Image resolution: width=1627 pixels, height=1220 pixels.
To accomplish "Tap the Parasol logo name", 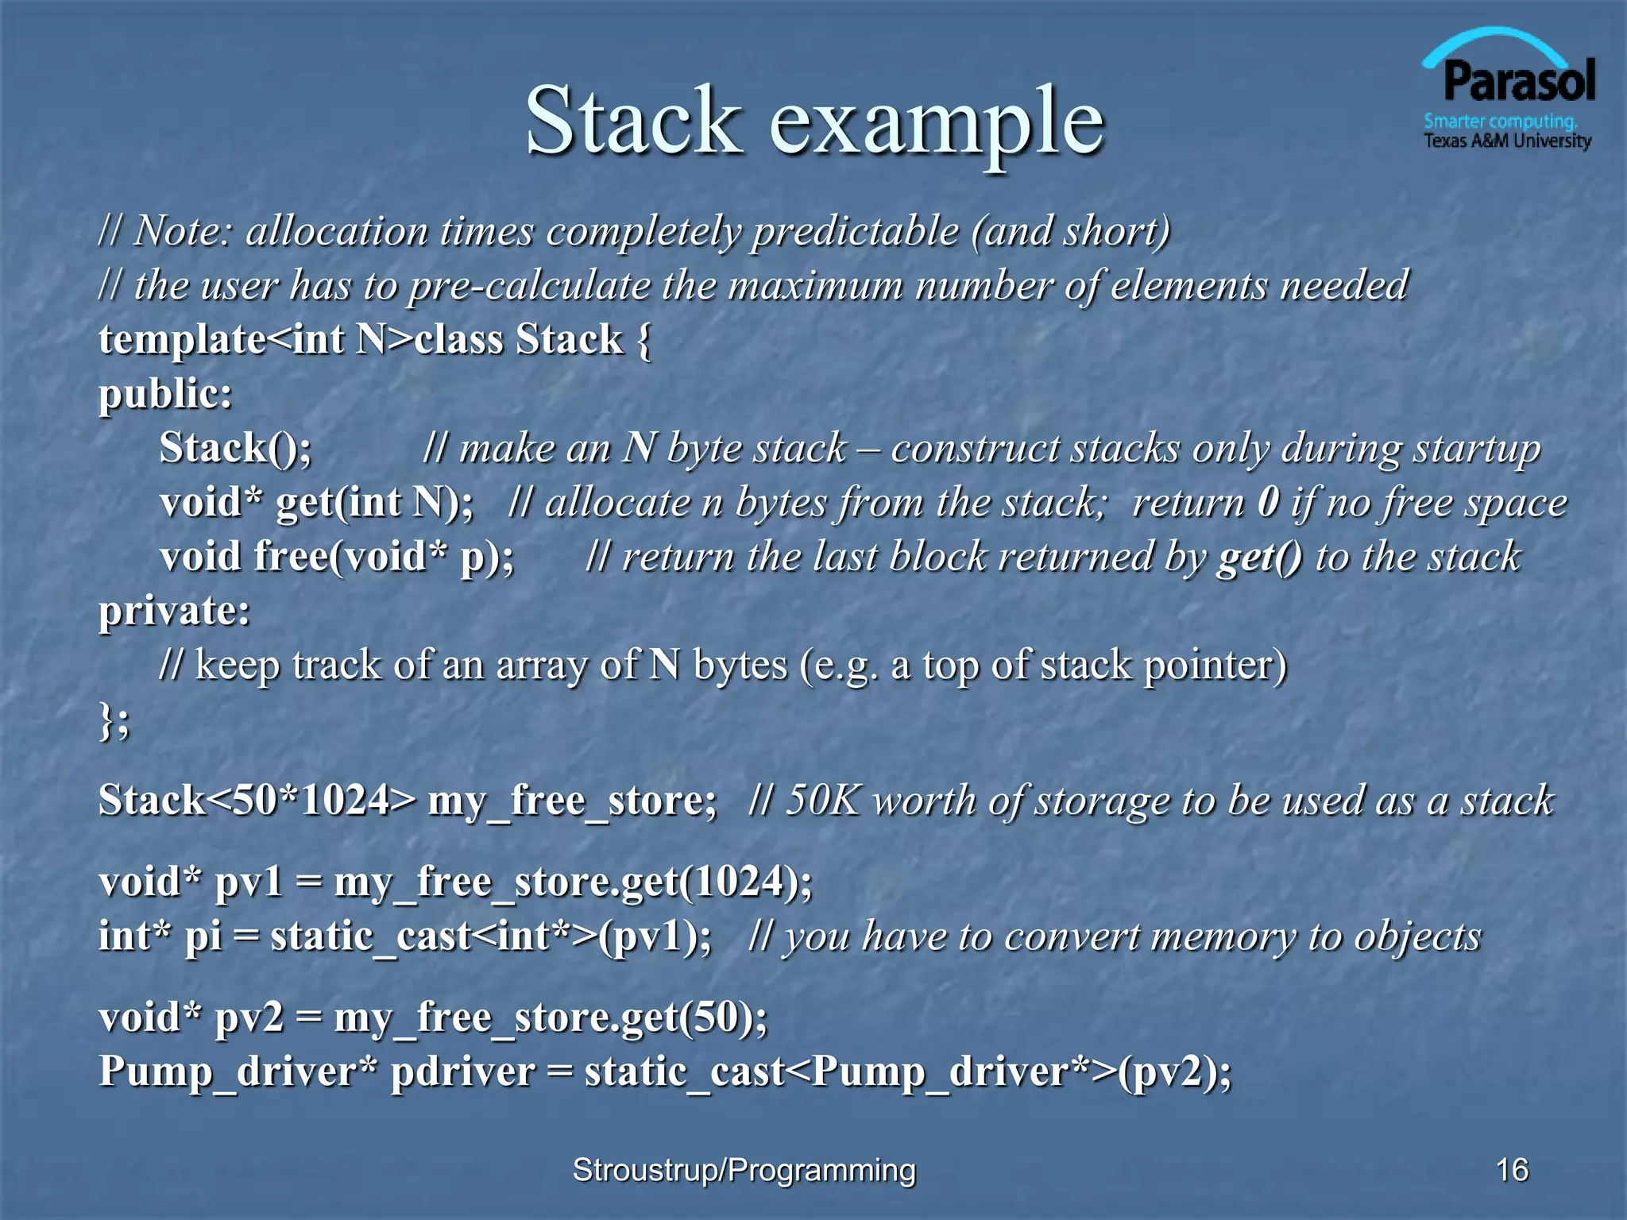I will click(x=1518, y=82).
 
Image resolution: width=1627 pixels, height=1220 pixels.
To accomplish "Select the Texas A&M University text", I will click(x=1507, y=141).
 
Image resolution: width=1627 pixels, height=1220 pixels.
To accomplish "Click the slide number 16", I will click(x=1512, y=1170).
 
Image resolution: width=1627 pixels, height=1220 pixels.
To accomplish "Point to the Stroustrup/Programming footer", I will click(x=744, y=1170).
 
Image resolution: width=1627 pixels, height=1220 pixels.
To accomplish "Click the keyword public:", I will click(x=165, y=394).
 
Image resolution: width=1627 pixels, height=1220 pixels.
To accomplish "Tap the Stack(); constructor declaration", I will click(x=236, y=448).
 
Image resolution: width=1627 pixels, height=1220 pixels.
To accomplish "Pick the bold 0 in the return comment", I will click(x=1269, y=502).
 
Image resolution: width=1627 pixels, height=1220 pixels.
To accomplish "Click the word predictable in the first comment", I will click(x=856, y=232).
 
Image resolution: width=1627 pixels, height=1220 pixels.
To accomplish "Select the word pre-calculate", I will click(x=529, y=286).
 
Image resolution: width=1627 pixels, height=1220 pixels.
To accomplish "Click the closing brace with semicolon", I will click(x=114, y=720).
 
